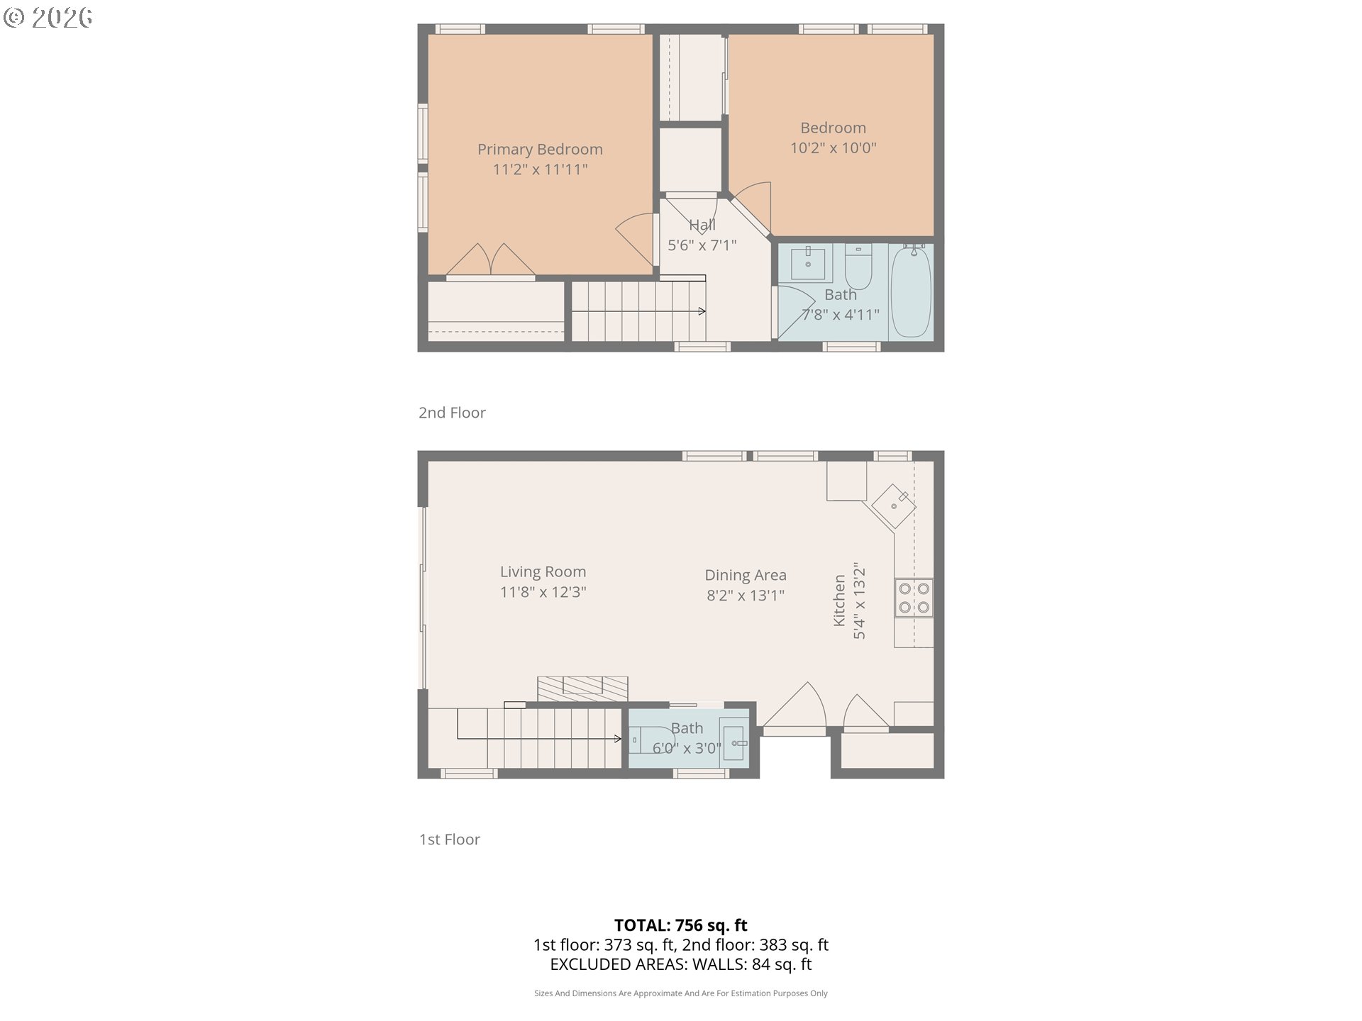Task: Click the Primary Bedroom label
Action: coord(540,150)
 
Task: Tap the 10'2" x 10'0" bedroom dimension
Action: coord(834,148)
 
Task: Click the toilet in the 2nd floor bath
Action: coord(858,264)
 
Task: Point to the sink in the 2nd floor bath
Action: coord(808,263)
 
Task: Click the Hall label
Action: coord(702,225)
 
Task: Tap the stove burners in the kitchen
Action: coord(914,598)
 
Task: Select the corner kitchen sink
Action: coord(894,506)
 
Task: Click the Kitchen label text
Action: coord(839,601)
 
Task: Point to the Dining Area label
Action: coord(746,575)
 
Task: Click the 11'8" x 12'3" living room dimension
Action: coord(543,592)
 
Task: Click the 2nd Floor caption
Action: coord(452,413)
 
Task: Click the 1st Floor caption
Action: coord(450,839)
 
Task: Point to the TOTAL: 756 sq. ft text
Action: coord(681,925)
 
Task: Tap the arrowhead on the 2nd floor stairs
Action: coord(702,311)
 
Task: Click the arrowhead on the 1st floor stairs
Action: coord(619,739)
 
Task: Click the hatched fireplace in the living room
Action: coord(582,689)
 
